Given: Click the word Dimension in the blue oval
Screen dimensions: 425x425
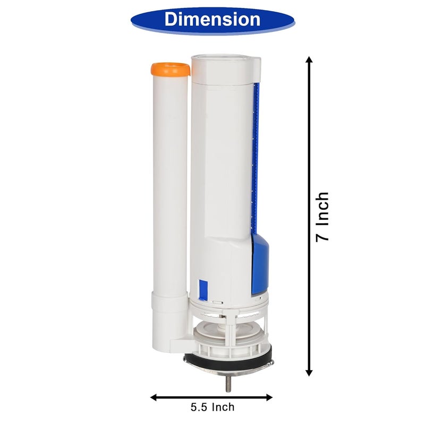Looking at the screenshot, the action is [x=212, y=19].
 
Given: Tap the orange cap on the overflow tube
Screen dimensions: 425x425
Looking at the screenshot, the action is [x=171, y=70].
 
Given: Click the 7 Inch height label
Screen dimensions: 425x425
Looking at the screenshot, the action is [x=322, y=217].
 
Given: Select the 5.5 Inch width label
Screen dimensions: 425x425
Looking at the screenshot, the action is [x=212, y=407].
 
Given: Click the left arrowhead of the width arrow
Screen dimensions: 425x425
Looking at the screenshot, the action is [x=154, y=397].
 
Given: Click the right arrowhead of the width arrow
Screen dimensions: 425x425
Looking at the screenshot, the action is [x=269, y=397].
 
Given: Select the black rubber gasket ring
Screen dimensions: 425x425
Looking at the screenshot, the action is [x=228, y=357].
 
